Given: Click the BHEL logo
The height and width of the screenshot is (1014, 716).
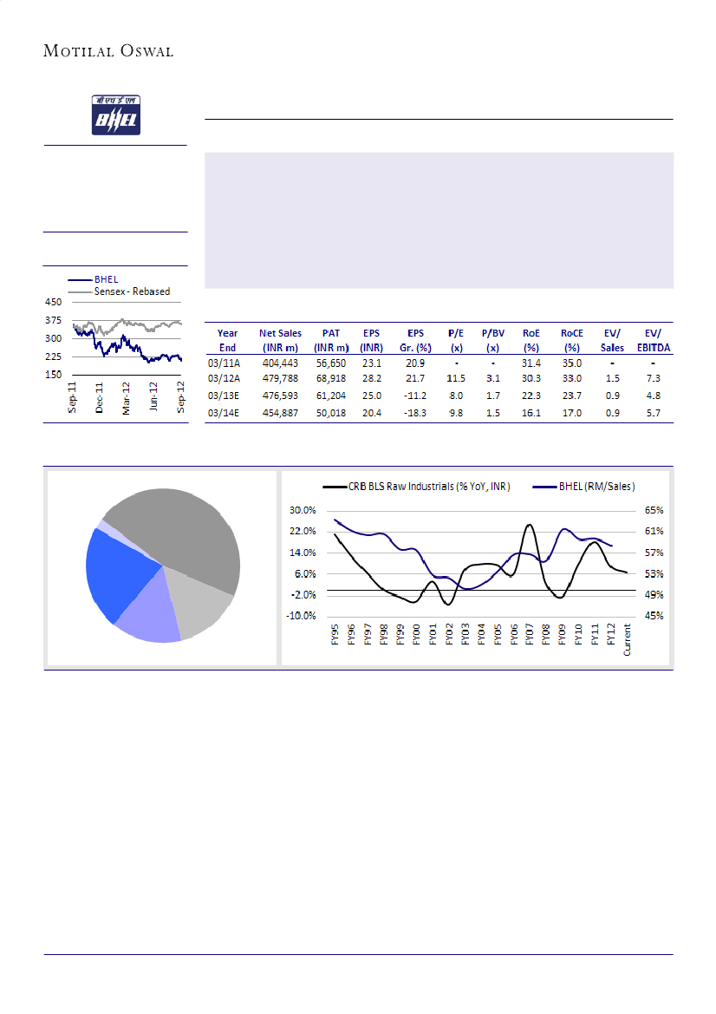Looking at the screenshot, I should click(114, 115).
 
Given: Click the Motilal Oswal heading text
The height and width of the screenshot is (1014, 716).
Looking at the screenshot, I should click(108, 51).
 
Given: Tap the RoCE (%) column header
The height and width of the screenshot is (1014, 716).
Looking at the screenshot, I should click(572, 339).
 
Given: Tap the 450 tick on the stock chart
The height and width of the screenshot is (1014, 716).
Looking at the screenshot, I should click(54, 303).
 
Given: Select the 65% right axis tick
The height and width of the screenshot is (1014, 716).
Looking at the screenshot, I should click(654, 510).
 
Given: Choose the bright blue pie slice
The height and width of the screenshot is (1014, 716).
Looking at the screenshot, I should click(121, 572).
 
